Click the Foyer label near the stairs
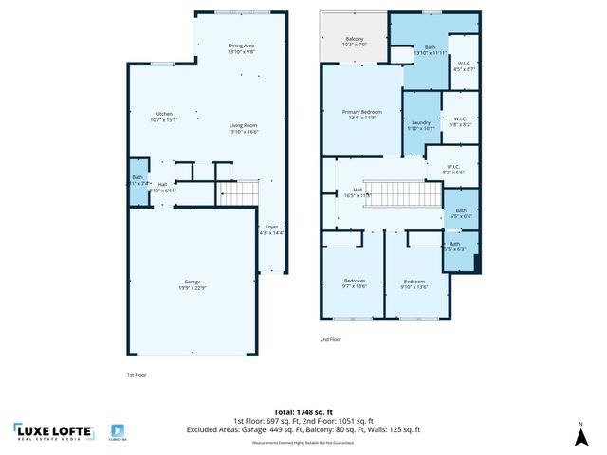tap(271, 228)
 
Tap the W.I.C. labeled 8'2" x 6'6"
tap(453, 170)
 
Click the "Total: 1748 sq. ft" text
tap(303, 412)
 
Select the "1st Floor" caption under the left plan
tap(137, 375)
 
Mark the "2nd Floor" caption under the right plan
tap(330, 338)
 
